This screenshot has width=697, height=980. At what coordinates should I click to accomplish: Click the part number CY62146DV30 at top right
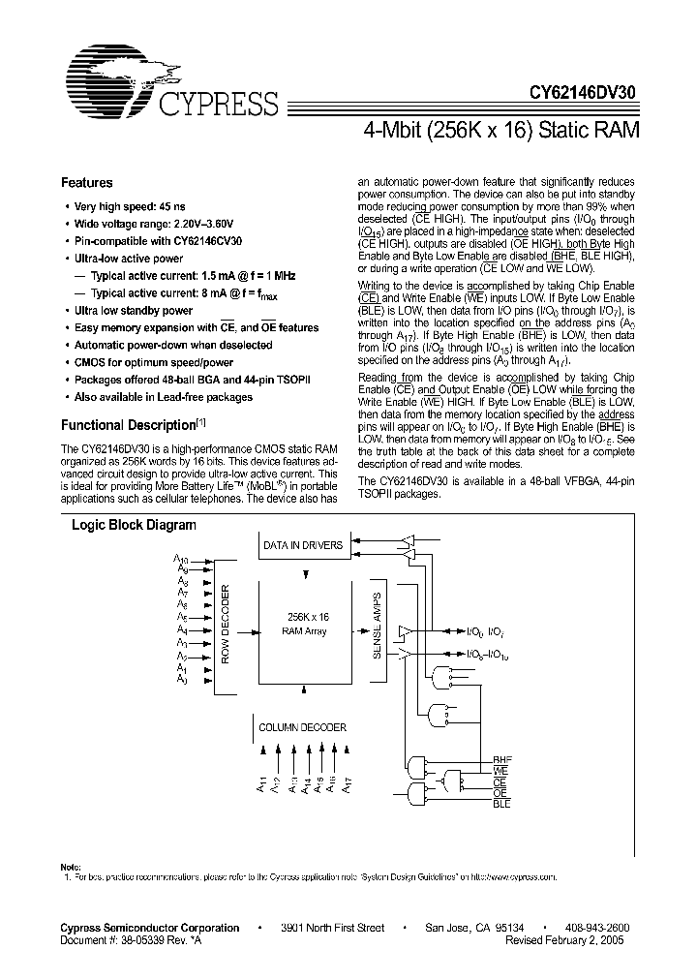(x=584, y=93)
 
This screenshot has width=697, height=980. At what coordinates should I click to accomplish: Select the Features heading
(x=87, y=183)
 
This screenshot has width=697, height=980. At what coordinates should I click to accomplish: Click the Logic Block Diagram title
(x=134, y=526)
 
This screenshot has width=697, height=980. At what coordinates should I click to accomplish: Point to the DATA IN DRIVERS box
(x=303, y=545)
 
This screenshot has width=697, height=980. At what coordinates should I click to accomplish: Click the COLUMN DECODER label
(x=302, y=725)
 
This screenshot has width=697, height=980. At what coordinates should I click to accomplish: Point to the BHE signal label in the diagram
(x=501, y=761)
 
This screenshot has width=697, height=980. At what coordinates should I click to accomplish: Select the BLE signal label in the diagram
(x=501, y=804)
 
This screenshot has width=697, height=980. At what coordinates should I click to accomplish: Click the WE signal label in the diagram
(x=500, y=772)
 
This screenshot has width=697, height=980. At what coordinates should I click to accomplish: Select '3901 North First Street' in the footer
(x=332, y=928)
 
